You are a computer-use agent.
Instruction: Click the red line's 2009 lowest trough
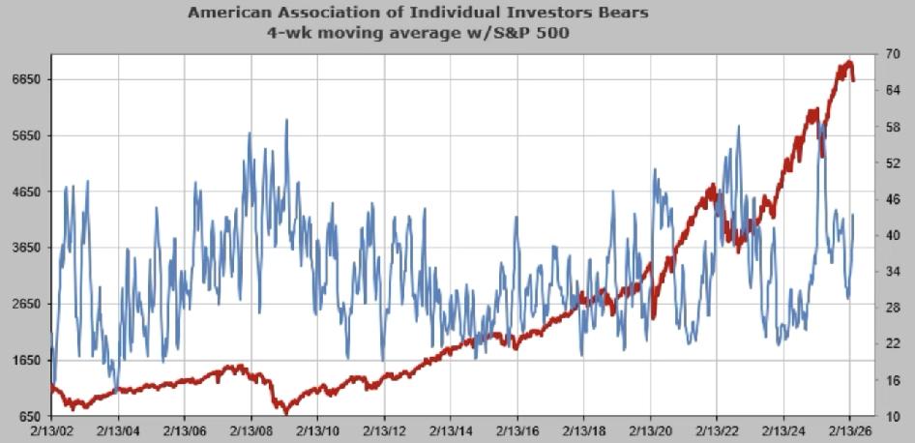(284, 411)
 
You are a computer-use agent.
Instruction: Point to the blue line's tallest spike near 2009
(286, 120)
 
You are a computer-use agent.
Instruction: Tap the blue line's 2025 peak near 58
(820, 123)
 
